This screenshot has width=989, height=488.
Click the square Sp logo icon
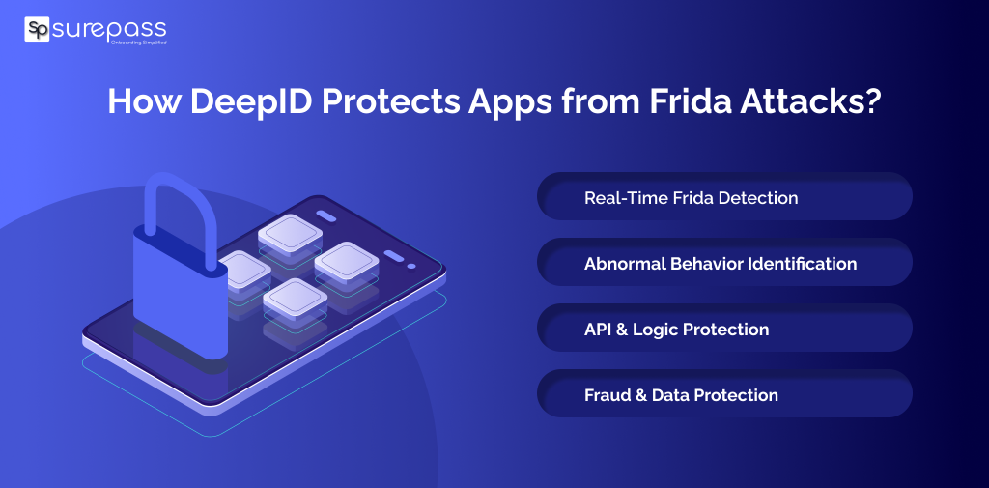click(37, 30)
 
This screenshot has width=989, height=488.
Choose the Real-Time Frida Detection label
click(691, 197)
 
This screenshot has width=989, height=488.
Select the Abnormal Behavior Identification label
click(720, 263)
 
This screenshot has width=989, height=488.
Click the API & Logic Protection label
click(676, 329)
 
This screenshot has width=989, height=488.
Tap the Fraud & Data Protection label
click(681, 394)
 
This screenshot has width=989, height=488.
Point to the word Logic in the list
click(655, 329)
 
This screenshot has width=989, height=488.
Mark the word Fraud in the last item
click(608, 394)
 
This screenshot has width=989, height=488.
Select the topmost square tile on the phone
click(290, 233)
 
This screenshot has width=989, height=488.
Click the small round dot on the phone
click(411, 266)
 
